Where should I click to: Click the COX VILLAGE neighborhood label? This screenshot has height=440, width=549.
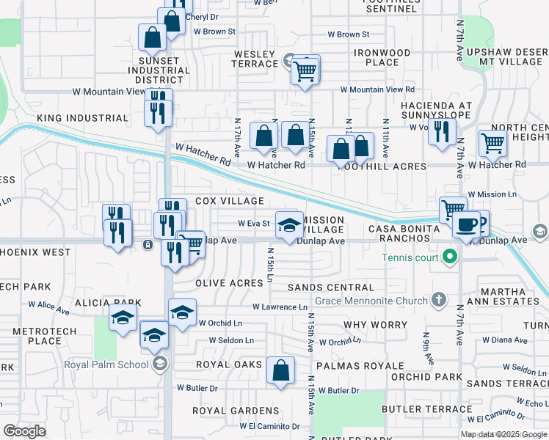(x=230, y=201)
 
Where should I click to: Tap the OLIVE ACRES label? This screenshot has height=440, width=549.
(x=229, y=283)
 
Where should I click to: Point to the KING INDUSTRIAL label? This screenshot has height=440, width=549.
(x=82, y=118)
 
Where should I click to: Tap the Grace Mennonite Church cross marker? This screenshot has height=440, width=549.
(x=438, y=300)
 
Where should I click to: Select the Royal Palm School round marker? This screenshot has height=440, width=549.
(x=160, y=364)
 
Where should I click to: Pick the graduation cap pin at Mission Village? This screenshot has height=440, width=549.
(x=289, y=224)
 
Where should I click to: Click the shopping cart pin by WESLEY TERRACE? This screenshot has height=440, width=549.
(x=304, y=71)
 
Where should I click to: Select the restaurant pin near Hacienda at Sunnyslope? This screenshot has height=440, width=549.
(x=440, y=132)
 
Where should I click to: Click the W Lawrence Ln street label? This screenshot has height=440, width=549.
(x=280, y=307)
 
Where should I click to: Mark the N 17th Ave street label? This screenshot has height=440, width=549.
(x=237, y=138)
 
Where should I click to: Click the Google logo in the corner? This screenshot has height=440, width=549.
(x=24, y=430)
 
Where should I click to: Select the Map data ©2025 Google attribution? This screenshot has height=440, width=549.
(x=503, y=434)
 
